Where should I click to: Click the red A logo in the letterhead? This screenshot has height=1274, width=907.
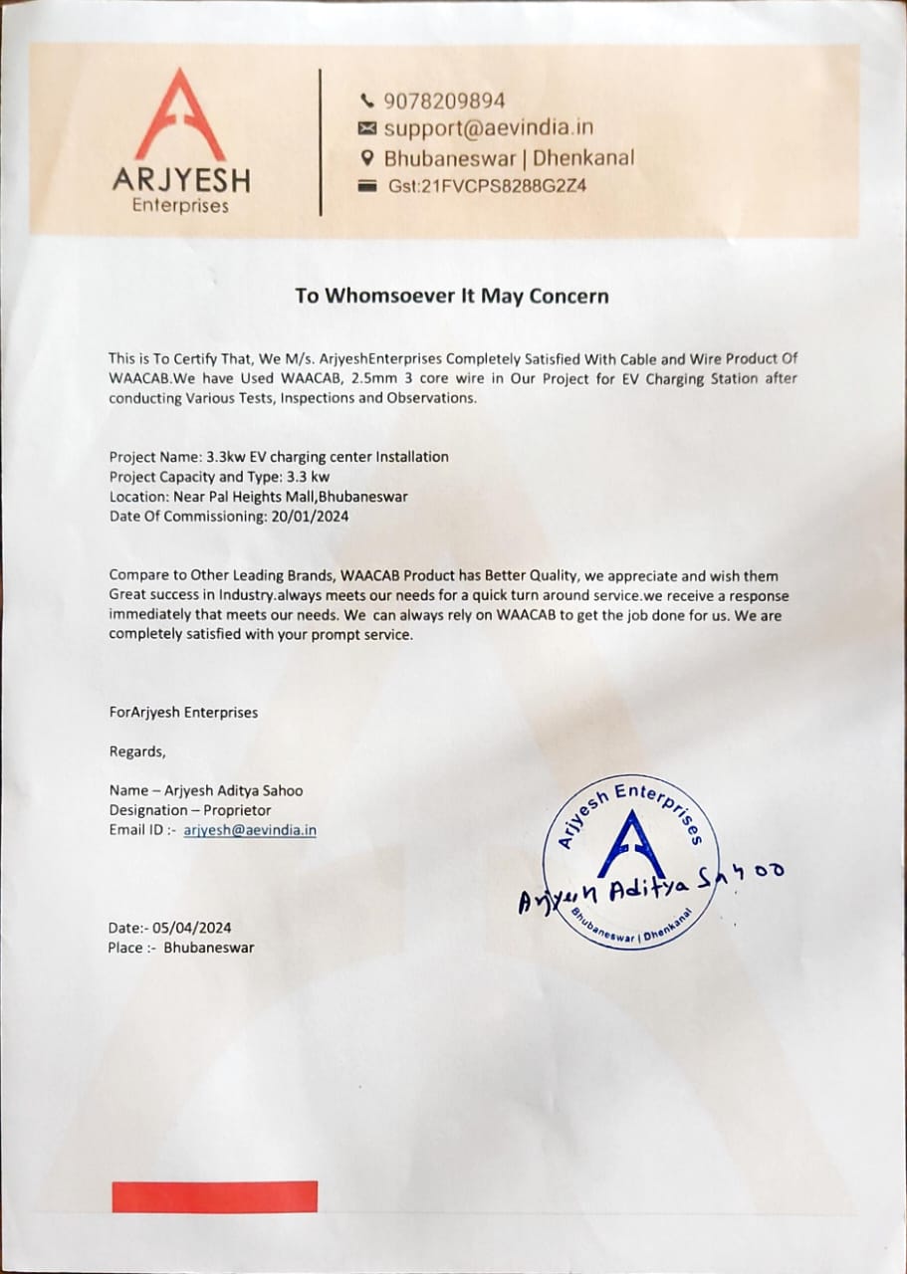pos(180,114)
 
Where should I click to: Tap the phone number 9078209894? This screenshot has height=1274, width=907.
pos(444,101)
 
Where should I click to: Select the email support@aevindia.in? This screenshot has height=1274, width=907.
pos(488,127)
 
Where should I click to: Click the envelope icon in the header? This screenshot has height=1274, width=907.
pos(367,128)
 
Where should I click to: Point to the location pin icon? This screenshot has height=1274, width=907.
pos(367,157)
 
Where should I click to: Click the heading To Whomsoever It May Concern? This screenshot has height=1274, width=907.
pos(451,296)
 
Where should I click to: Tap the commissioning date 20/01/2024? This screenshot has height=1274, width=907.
pos(310,516)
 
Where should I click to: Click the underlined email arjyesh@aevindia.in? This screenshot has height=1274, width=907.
pos(250,830)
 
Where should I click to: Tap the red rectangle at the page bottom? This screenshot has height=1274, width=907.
pos(214,1196)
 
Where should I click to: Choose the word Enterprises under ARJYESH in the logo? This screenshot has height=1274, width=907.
pos(180,206)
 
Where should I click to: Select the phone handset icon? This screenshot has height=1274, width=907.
pos(367,101)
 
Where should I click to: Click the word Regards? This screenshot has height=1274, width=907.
pos(136,751)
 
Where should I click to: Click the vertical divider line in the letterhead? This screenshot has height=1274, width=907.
pos(321,141)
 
